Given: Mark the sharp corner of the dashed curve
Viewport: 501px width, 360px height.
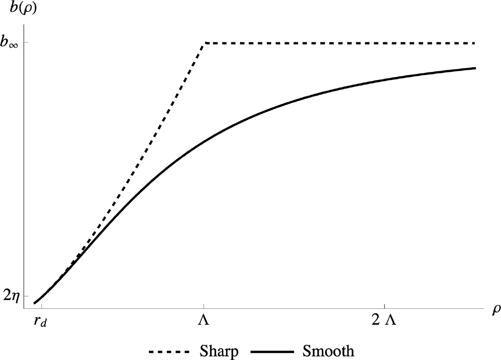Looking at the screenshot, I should pyautogui.click(x=204, y=43).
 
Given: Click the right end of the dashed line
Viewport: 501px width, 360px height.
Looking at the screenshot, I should pyautogui.click(x=475, y=43).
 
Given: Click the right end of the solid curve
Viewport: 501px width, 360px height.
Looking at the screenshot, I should pyautogui.click(x=475, y=68).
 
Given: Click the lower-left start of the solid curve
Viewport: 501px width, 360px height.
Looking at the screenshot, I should pyautogui.click(x=35, y=303).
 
